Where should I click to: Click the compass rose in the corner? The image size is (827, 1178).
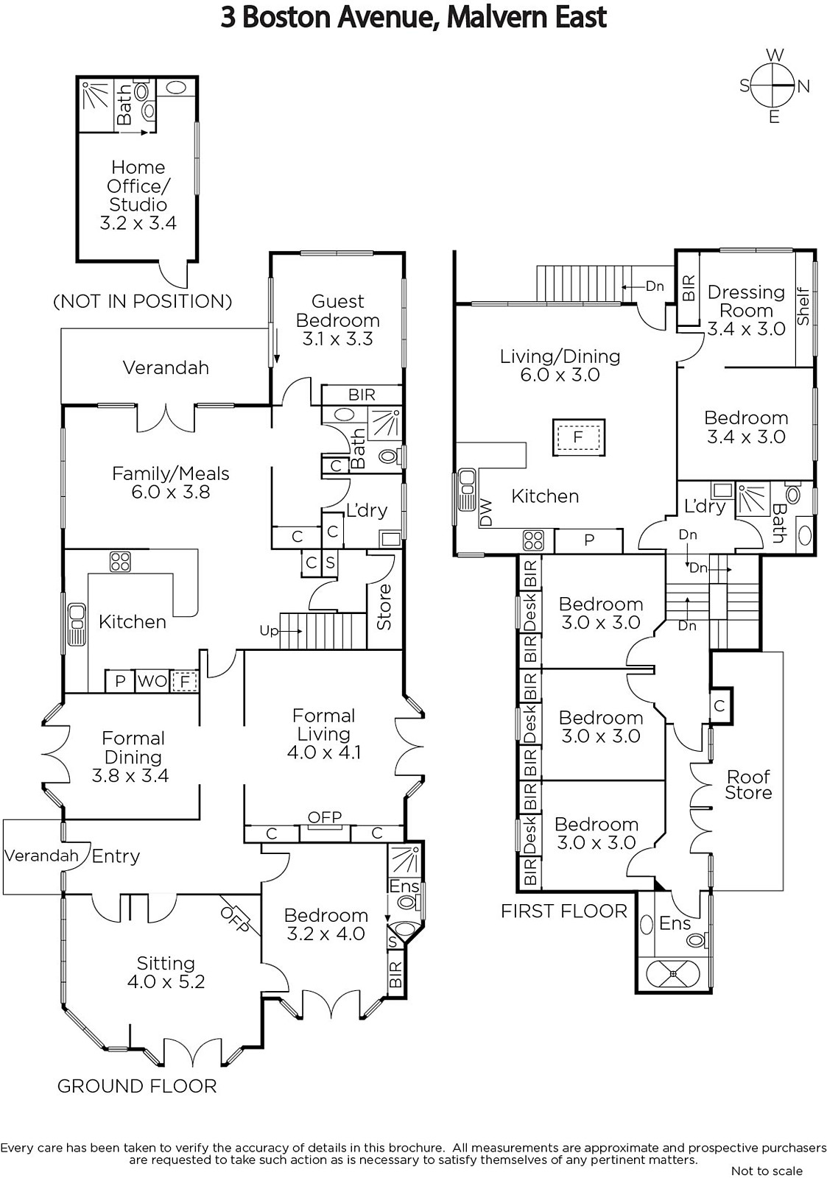[x=773, y=85]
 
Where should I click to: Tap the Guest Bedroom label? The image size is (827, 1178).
[x=337, y=311]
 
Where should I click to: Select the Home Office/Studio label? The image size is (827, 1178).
[x=138, y=186]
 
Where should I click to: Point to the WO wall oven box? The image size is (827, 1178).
[x=152, y=681]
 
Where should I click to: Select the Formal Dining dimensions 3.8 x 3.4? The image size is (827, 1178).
[x=130, y=775]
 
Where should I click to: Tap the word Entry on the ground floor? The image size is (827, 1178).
[x=116, y=856]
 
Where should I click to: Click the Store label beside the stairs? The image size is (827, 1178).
[x=384, y=607]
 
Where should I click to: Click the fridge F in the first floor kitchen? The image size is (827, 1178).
[x=578, y=437]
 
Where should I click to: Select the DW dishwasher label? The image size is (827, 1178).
[x=486, y=513]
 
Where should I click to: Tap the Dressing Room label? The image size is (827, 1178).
[x=746, y=301]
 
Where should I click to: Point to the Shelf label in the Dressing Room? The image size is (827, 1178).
[x=803, y=307]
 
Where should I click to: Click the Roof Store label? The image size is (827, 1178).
[x=748, y=784]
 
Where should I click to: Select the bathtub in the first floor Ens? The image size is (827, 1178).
[x=673, y=974]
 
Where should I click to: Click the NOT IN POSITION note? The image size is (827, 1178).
[x=143, y=301]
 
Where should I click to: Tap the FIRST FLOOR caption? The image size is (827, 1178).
[x=564, y=911]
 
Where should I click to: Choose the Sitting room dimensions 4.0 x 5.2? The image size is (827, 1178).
[x=166, y=981]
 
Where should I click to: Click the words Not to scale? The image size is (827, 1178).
[x=767, y=1171]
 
